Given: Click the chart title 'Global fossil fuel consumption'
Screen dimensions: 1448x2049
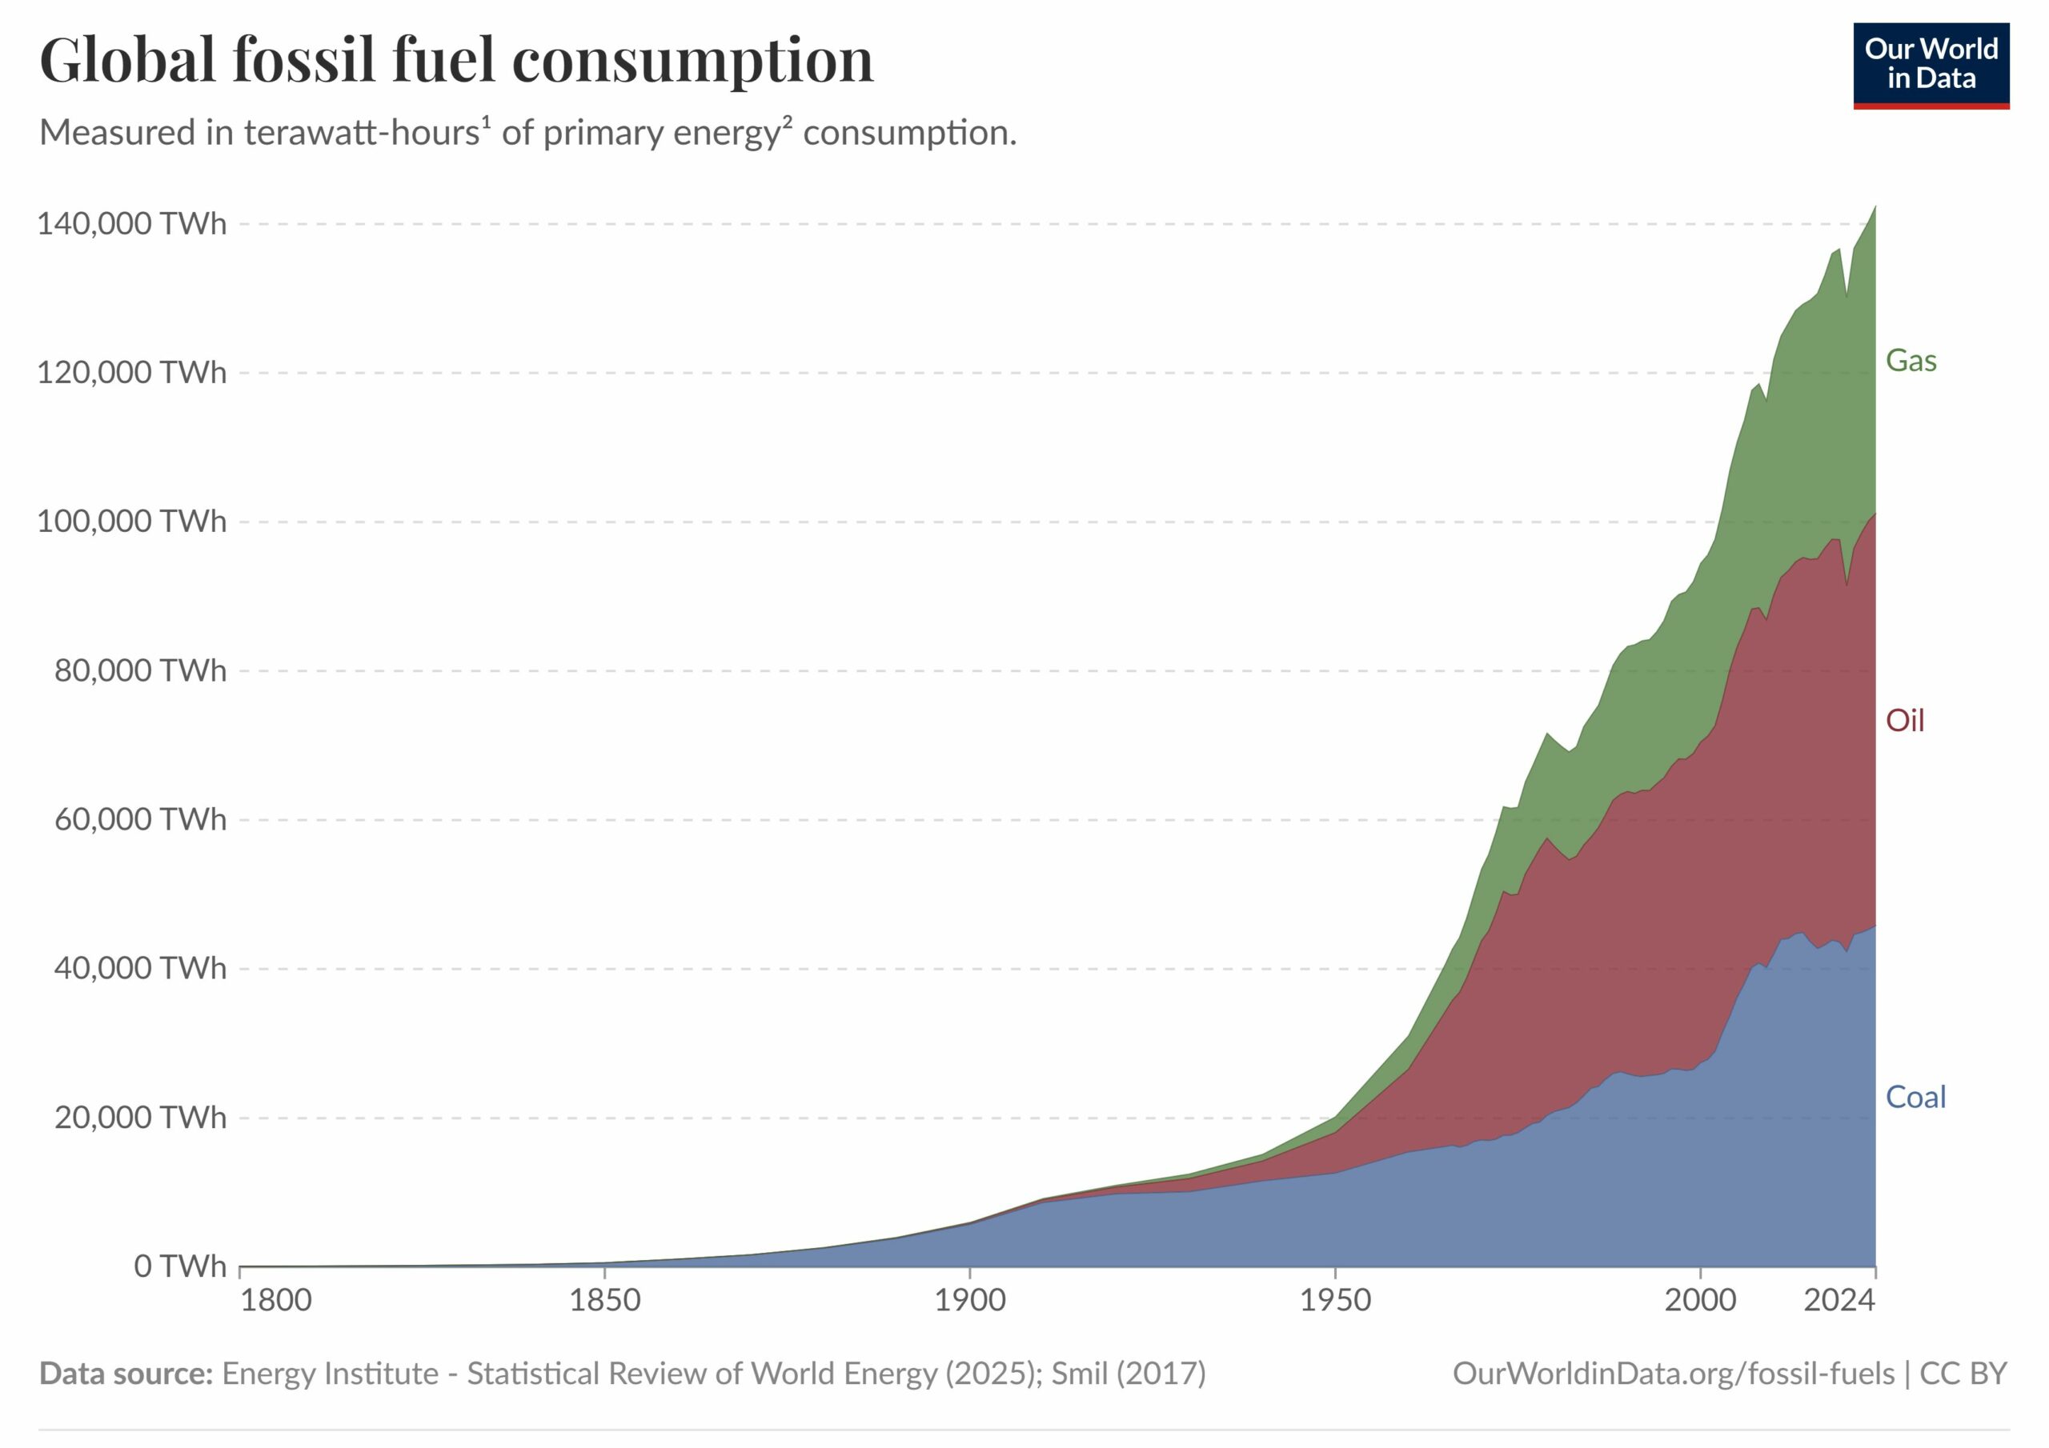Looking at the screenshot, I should click(456, 61).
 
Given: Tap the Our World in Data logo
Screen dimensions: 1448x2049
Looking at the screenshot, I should click(1931, 65).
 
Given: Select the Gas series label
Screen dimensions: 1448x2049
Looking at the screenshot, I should click(1911, 361).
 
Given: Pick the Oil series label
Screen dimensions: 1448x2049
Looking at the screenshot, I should click(1904, 720).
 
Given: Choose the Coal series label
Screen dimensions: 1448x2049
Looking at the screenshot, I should click(1915, 1097).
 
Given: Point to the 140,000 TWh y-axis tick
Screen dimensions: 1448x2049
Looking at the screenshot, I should click(131, 223).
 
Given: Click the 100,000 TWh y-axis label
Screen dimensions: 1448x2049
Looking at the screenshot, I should click(131, 521).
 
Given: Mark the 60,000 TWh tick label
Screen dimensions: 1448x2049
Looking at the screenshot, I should click(140, 819).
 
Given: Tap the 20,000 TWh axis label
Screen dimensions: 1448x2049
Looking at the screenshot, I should click(140, 1117).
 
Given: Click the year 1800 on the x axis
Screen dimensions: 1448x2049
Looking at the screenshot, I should click(276, 1300).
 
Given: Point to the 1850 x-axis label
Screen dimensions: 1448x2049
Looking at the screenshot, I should click(604, 1300).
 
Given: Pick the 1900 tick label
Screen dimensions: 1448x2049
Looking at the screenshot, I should click(970, 1300).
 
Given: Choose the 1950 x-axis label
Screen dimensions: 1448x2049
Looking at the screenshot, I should click(1335, 1300).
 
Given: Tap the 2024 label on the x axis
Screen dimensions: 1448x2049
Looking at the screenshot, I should click(1838, 1300).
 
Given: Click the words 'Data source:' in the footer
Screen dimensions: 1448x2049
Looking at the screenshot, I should click(126, 1373).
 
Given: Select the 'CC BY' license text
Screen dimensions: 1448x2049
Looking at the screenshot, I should click(1963, 1373).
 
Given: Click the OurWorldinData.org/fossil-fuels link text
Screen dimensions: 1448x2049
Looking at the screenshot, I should click(1674, 1373).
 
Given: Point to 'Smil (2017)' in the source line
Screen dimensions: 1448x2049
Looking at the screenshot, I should click(1128, 1373).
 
